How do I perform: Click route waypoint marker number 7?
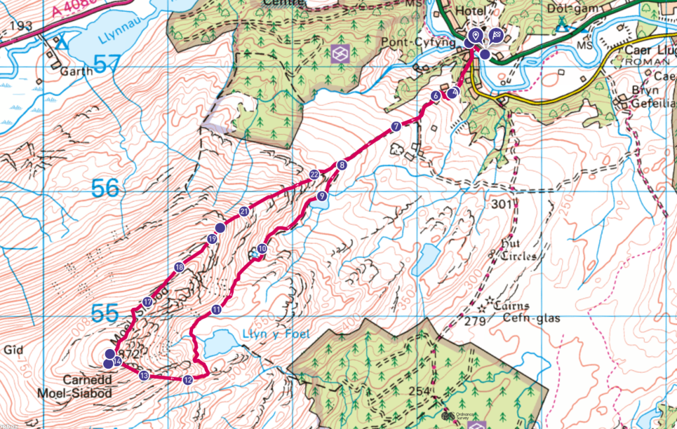[x=395, y=126]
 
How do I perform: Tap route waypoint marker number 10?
[x=262, y=249]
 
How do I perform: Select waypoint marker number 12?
[x=188, y=379]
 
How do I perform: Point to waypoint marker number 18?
[x=179, y=268]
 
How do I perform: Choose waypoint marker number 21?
[x=244, y=212]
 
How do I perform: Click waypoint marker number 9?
[x=321, y=196]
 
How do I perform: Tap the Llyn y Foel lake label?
[x=272, y=334]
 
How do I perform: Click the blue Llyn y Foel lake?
[x=217, y=344]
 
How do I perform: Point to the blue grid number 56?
[x=106, y=189]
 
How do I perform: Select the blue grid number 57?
[x=108, y=64]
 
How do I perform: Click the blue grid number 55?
[x=105, y=314]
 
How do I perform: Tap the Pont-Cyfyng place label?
[x=428, y=44]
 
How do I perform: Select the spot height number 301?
[x=502, y=205]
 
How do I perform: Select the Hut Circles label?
[x=518, y=250]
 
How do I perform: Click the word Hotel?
[x=470, y=12]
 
